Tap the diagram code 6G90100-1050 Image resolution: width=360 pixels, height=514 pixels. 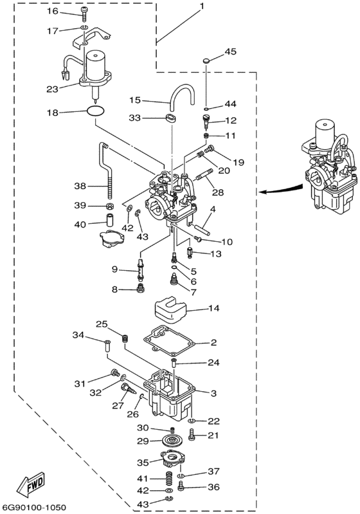coord(34,508)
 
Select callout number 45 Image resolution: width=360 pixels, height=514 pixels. coord(230,51)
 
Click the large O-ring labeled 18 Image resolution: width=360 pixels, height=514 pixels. coord(96,112)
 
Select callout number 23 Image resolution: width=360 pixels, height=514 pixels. coord(52,89)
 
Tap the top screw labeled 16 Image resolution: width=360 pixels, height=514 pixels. coord(84,14)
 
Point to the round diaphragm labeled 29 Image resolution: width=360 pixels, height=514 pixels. coord(172,441)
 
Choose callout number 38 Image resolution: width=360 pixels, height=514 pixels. coord(80,186)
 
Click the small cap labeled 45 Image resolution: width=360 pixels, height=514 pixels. coord(206,60)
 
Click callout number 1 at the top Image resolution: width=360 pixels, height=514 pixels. coord(202,6)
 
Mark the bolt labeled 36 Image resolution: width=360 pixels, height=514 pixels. coord(181,486)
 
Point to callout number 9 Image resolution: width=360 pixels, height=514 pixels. coord(114,270)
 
